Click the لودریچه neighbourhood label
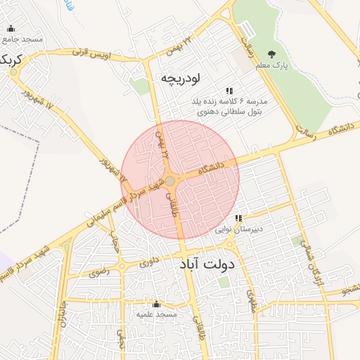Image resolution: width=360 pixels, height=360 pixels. pyautogui.click(x=181, y=77)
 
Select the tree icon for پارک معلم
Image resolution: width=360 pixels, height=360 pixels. pyautogui.click(x=271, y=54)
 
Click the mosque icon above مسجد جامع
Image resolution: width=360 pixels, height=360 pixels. pyautogui.click(x=11, y=29)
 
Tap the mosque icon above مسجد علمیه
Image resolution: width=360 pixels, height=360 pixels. pyautogui.click(x=156, y=304)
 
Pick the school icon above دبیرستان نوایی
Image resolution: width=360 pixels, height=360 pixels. pyautogui.click(x=238, y=218)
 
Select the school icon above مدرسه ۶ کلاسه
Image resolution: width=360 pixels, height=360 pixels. pyautogui.click(x=229, y=91)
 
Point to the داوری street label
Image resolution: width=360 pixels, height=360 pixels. pyautogui.click(x=149, y=263)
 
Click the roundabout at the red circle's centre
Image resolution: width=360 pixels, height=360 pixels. pyautogui.click(x=170, y=181)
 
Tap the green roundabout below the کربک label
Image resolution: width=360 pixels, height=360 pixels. pyautogui.click(x=13, y=72)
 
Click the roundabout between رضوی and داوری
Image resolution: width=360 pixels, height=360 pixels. pyautogui.click(x=122, y=266)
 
